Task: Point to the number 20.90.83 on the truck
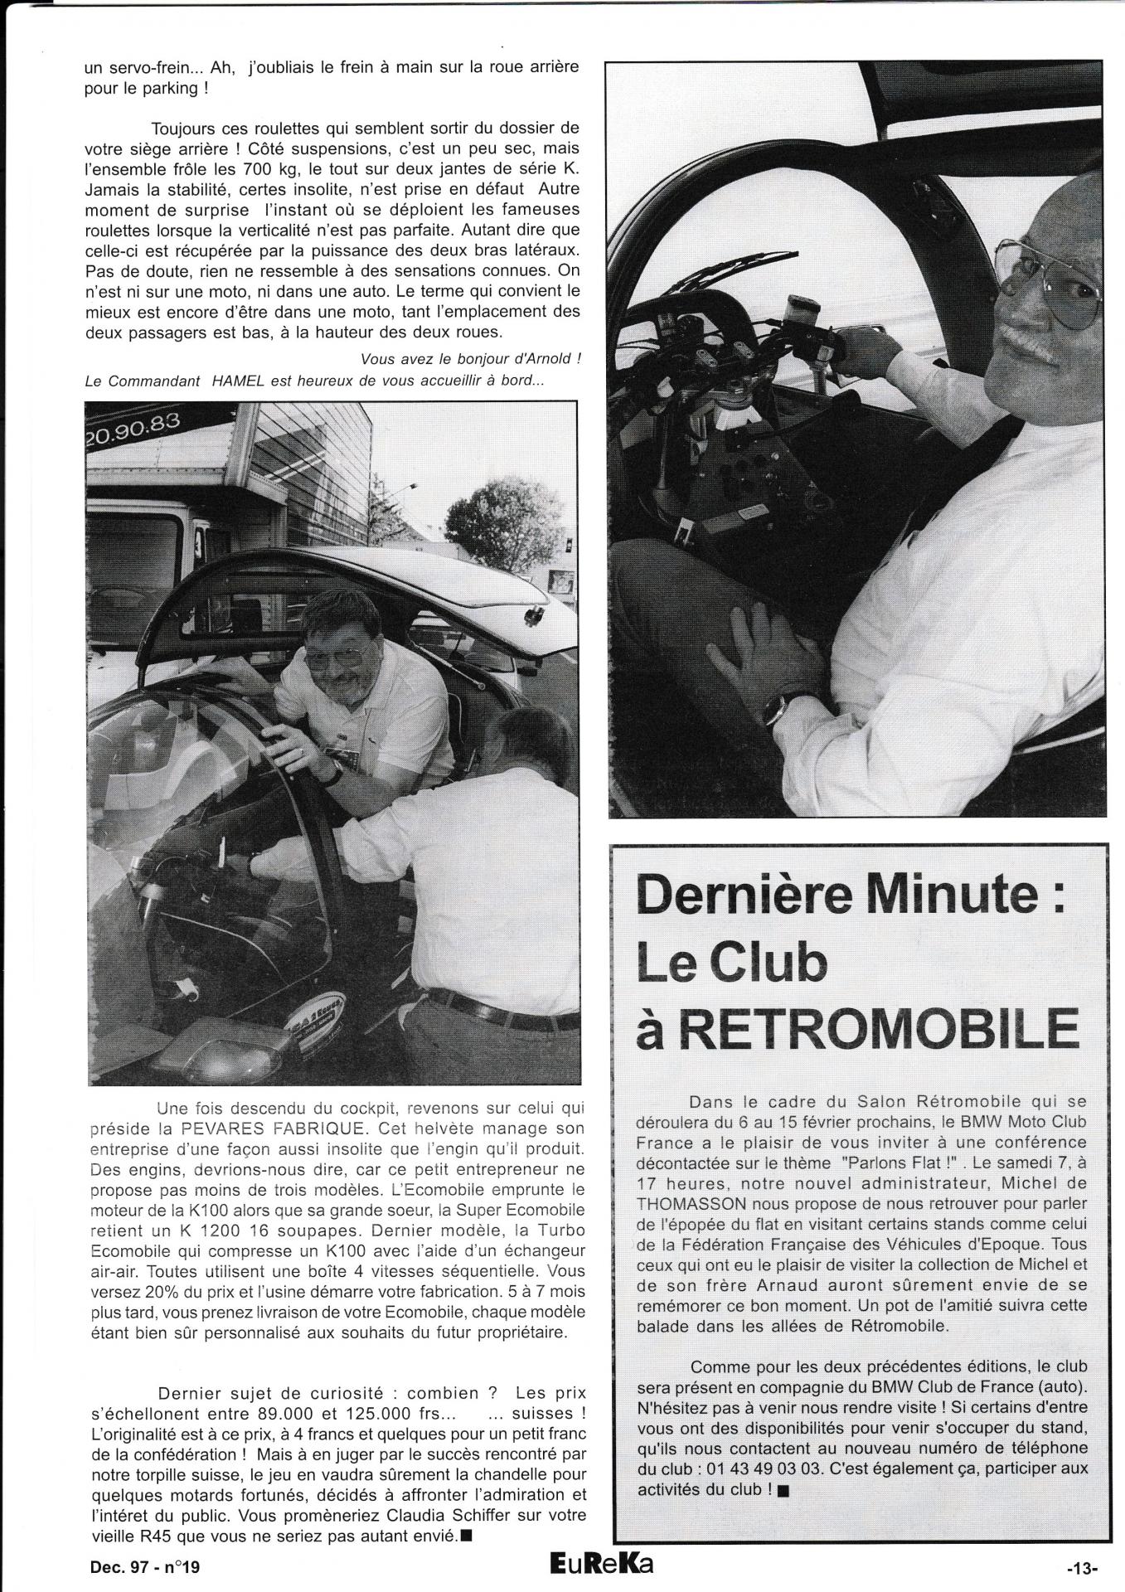(x=133, y=422)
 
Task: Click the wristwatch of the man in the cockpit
(x=334, y=773)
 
